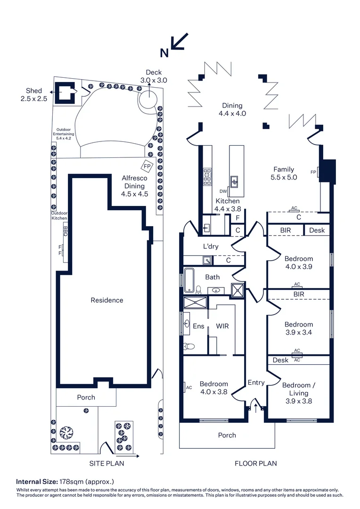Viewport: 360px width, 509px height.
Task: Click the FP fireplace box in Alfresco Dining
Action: pyautogui.click(x=147, y=167)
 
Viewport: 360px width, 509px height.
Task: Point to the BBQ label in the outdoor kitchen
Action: pyautogui.click(x=65, y=232)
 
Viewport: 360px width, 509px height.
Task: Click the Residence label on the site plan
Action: pyautogui.click(x=107, y=300)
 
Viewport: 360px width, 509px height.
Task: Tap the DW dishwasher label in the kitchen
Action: pyautogui.click(x=223, y=191)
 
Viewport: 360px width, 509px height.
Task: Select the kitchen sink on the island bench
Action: pyautogui.click(x=234, y=181)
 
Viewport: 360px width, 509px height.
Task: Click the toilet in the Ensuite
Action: pyautogui.click(x=189, y=346)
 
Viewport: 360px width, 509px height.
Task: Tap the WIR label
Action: pyautogui.click(x=222, y=326)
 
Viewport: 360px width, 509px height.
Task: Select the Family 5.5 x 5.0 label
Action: pyautogui.click(x=284, y=173)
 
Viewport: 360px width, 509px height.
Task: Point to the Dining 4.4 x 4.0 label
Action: pyautogui.click(x=232, y=109)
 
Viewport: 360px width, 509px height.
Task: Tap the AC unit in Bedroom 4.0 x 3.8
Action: pyautogui.click(x=186, y=387)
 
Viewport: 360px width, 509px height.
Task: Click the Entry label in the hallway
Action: pyautogui.click(x=256, y=383)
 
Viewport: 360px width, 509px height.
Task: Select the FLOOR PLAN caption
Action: pyautogui.click(x=256, y=463)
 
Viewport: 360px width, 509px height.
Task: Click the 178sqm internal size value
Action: pyautogui.click(x=70, y=482)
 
